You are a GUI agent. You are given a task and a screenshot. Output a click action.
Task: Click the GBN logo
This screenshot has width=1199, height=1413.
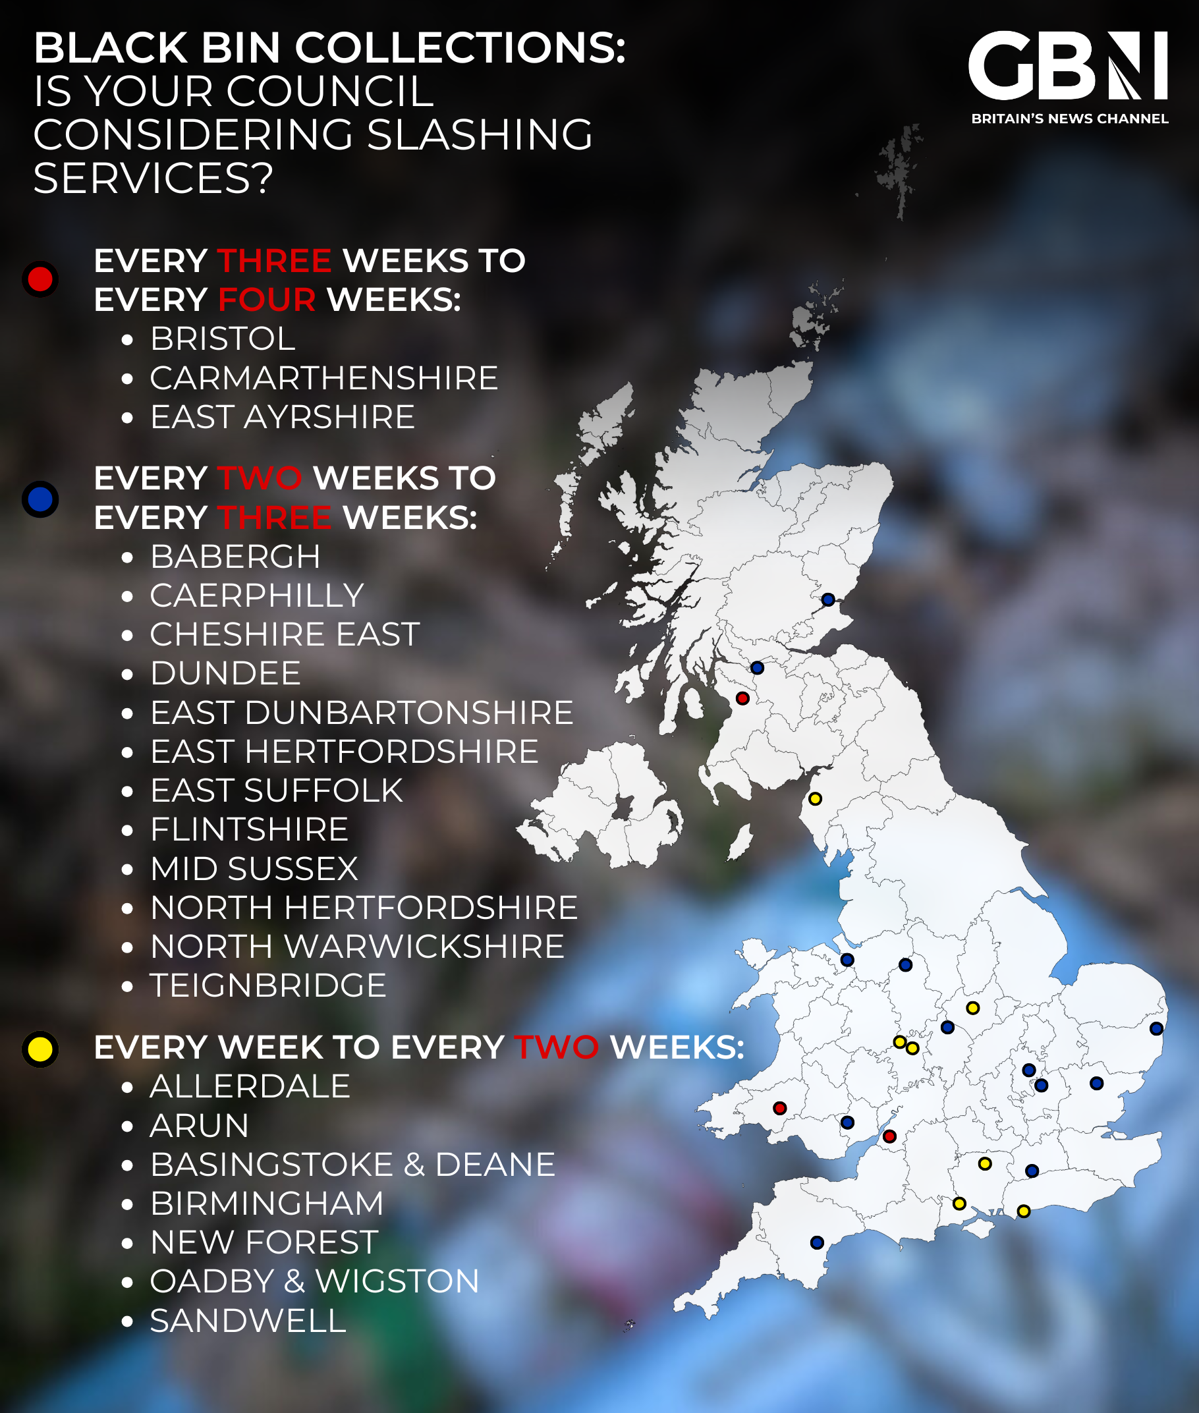tap(1068, 65)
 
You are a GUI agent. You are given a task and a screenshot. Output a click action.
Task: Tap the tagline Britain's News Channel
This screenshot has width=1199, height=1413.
tap(1069, 119)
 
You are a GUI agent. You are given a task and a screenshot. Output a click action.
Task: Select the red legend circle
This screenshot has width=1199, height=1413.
tap(40, 279)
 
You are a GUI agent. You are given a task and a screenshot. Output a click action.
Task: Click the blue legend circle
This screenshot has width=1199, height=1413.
tap(40, 499)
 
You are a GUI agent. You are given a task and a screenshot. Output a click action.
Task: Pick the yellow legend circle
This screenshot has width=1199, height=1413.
tap(40, 1049)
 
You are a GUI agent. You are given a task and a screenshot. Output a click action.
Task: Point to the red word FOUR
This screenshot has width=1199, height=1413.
tap(266, 300)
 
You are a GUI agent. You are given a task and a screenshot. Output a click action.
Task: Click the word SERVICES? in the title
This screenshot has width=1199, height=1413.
tap(153, 178)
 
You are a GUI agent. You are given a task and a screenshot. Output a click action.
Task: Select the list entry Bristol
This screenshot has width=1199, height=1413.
tap(222, 339)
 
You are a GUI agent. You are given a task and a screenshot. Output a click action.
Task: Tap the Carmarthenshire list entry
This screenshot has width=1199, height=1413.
tap(323, 378)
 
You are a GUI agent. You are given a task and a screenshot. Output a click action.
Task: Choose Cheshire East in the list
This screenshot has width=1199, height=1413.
tap(284, 634)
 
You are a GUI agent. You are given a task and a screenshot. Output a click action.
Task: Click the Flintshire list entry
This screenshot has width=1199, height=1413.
tap(249, 829)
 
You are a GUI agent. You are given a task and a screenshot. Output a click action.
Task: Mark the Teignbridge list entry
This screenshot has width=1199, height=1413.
tap(268, 985)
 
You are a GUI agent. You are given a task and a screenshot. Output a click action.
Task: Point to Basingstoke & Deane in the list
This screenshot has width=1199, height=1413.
tap(352, 1164)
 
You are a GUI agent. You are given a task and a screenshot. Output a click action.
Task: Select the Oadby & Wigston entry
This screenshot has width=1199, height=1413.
tap(314, 1281)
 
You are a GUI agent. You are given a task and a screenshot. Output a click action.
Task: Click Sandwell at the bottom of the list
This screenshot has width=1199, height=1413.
tap(248, 1321)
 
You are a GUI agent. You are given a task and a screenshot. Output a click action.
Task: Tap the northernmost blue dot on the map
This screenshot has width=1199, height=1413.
tap(828, 599)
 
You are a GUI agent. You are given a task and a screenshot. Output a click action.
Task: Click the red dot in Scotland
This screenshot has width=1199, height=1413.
tap(742, 698)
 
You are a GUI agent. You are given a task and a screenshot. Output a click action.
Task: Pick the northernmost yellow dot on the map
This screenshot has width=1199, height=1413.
tap(815, 798)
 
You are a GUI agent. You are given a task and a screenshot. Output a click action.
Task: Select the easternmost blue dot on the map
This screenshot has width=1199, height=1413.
tap(1156, 1028)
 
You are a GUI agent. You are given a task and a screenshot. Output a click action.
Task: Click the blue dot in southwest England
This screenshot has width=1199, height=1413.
tap(817, 1242)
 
